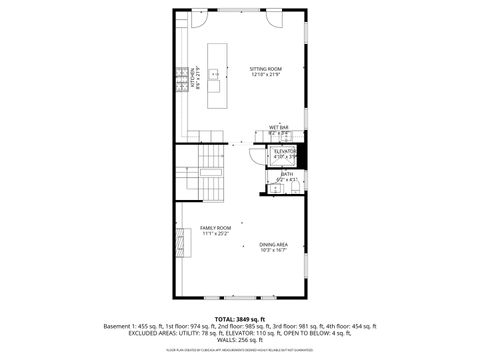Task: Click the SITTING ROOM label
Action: [x=265, y=69]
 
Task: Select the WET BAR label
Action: [x=278, y=127]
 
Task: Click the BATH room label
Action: [x=285, y=174]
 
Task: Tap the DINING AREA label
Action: [x=274, y=244]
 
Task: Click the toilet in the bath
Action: [x=271, y=188]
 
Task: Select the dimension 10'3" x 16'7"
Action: [x=274, y=250]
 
